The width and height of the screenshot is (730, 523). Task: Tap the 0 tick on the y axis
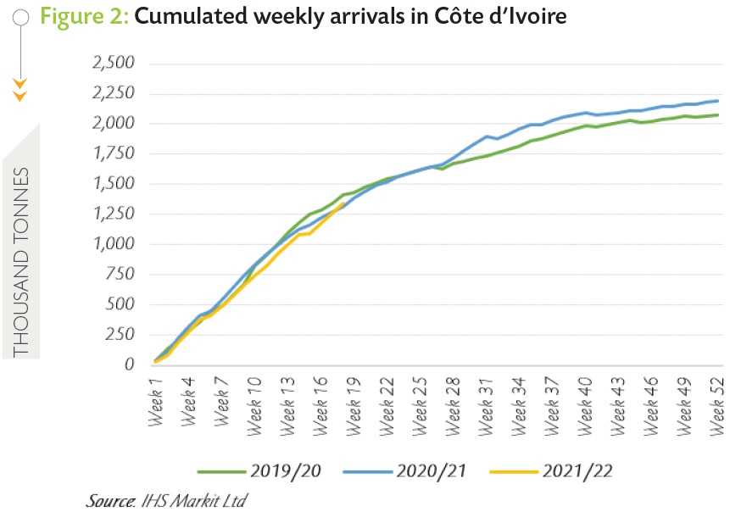click(x=129, y=365)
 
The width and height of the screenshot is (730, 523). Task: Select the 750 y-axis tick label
click(x=118, y=275)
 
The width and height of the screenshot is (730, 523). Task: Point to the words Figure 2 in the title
click(x=83, y=16)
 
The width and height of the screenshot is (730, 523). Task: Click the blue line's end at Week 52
click(x=719, y=101)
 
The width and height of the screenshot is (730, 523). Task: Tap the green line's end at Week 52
click(x=719, y=114)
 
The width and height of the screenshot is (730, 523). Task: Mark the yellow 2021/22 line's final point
click(x=342, y=204)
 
